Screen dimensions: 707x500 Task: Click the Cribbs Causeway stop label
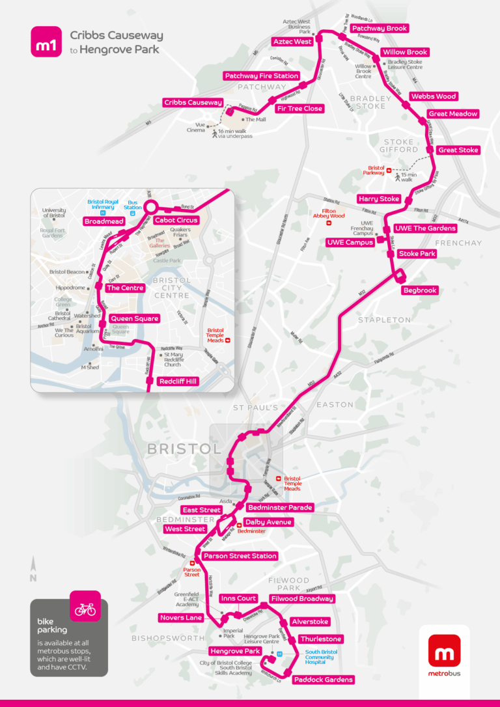tap(193, 103)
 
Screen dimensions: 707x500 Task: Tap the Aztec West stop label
tap(292, 42)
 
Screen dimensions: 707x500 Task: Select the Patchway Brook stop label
tap(379, 29)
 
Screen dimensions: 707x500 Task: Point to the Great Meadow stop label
tap(453, 114)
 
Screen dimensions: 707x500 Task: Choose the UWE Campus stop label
tap(350, 243)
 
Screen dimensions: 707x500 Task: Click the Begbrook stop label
tap(419, 290)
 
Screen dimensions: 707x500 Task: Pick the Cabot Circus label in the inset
tap(176, 220)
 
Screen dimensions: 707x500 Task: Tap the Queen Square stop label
tap(135, 318)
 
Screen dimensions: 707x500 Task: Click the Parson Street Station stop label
tap(240, 556)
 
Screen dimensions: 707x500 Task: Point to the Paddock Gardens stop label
tap(323, 680)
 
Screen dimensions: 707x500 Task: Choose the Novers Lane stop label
tap(181, 618)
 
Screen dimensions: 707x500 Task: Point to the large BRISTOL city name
tap(184, 449)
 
